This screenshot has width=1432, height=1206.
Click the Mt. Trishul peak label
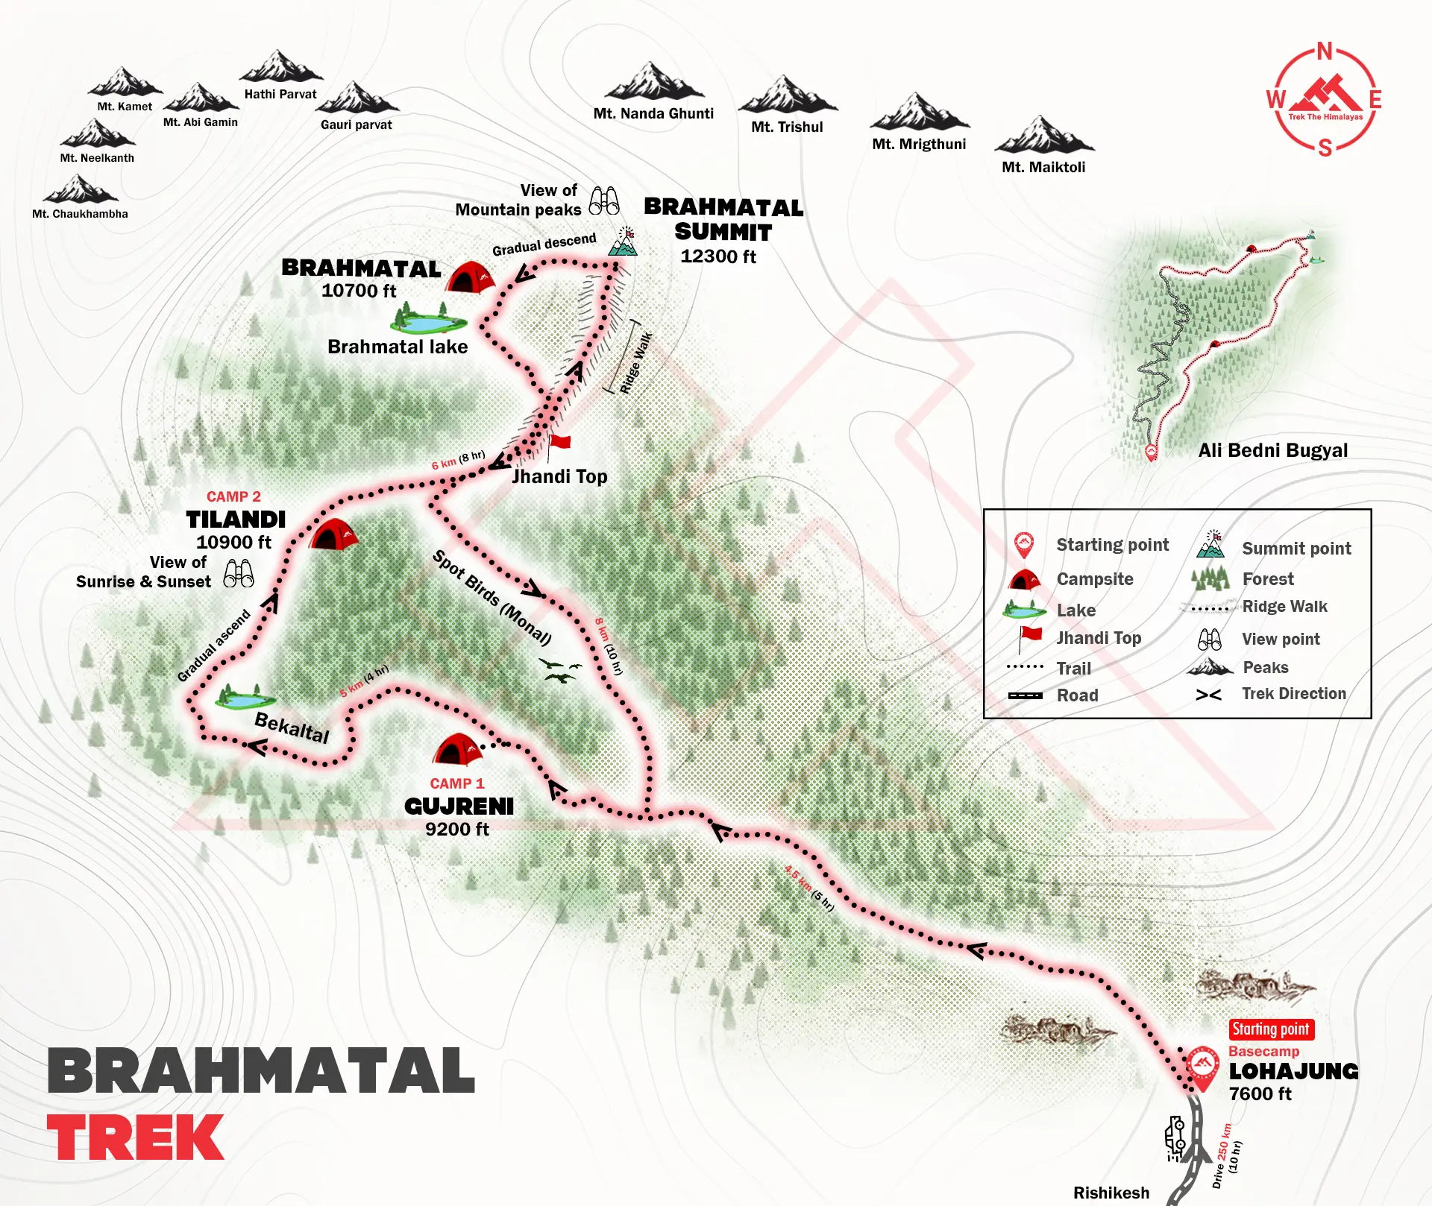point(787,127)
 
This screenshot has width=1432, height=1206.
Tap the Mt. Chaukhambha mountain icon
point(80,190)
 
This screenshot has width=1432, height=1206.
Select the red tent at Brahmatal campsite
point(471,277)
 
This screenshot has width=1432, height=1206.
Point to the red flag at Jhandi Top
point(559,443)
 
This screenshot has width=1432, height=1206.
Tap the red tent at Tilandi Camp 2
point(333,534)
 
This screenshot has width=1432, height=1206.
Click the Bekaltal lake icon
point(245,698)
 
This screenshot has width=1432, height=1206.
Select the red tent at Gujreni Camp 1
point(457,750)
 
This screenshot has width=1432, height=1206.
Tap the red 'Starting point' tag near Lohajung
point(1271,1029)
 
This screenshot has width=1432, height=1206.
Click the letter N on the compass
point(1325,51)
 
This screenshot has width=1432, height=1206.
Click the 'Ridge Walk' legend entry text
point(1284,607)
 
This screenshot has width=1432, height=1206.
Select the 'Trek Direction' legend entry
point(1293,694)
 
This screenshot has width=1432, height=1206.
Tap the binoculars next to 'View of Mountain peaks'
point(604,201)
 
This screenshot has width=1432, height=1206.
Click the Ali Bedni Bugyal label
point(1272,450)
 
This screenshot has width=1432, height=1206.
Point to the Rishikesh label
point(1111,1193)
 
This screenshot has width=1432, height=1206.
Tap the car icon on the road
point(1175,1139)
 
